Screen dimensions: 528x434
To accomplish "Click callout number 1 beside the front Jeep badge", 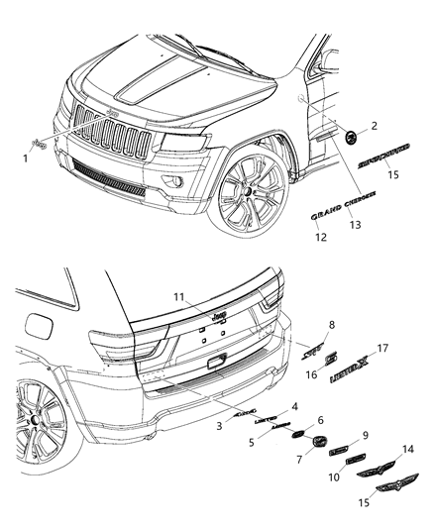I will (x=25, y=158).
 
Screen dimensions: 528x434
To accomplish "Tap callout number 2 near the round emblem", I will (x=375, y=126).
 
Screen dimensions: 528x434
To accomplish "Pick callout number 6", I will (x=320, y=420).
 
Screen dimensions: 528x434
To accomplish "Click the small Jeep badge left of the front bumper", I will (x=41, y=145).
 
